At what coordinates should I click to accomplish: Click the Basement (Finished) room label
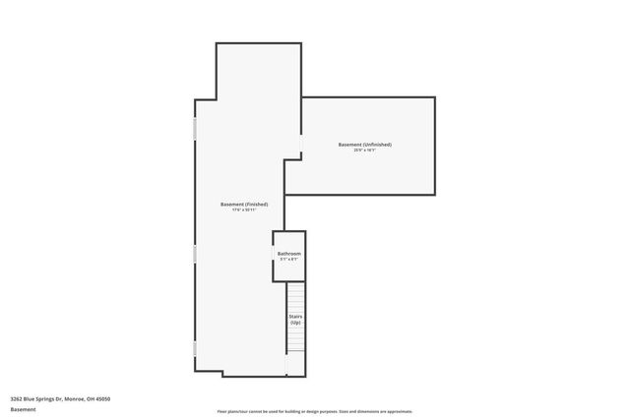244,204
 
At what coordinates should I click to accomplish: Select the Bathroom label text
289,254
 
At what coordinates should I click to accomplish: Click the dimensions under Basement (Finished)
244,210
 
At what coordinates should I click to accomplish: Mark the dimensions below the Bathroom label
289,260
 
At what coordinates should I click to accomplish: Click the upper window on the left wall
195,129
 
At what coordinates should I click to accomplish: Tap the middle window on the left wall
195,254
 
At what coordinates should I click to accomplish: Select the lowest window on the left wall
195,348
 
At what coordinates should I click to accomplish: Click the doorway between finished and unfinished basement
301,145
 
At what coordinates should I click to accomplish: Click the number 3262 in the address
17,398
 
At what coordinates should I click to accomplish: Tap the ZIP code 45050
103,398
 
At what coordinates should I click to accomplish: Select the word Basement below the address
23,409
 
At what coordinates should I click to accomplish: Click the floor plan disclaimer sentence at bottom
315,411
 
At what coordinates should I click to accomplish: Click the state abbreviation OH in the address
90,398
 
